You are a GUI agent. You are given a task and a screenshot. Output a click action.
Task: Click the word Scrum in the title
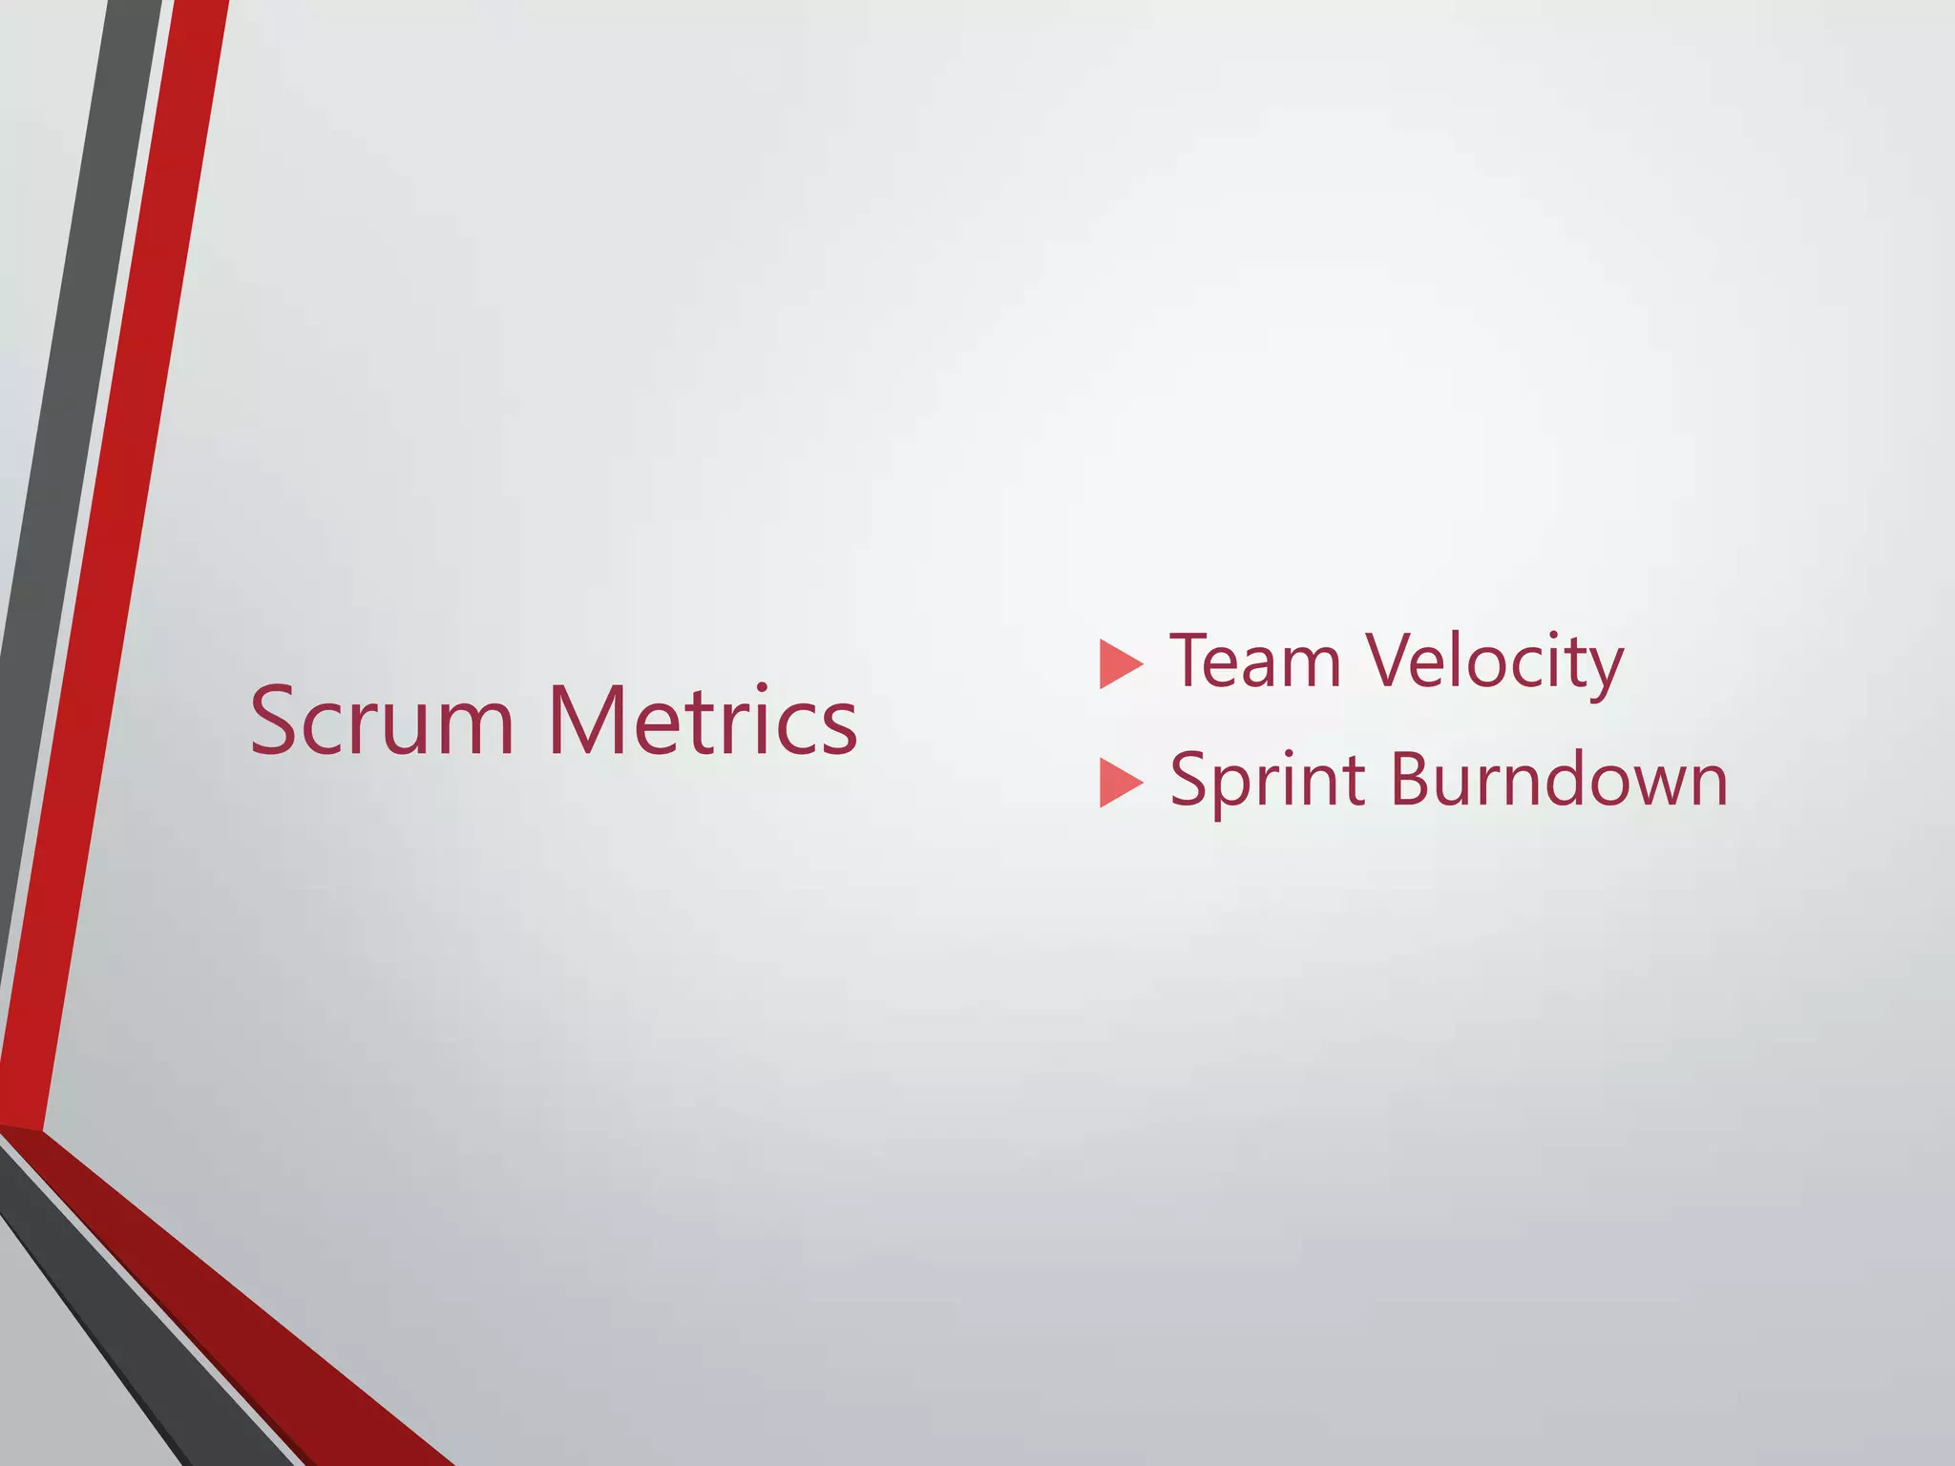click(382, 723)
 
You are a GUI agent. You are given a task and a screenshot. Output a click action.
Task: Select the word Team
click(1255, 661)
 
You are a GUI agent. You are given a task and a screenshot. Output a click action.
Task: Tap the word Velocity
click(1494, 661)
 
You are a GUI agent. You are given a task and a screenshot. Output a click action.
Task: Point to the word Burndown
click(1558, 781)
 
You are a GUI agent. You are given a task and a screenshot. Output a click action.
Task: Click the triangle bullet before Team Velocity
click(1120, 664)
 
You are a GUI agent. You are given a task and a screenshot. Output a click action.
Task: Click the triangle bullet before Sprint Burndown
click(1120, 783)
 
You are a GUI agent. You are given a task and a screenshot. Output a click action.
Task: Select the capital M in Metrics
click(584, 723)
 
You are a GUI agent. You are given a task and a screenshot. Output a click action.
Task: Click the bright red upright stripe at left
click(115, 573)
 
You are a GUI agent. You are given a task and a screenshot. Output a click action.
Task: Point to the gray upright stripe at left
click(57, 477)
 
